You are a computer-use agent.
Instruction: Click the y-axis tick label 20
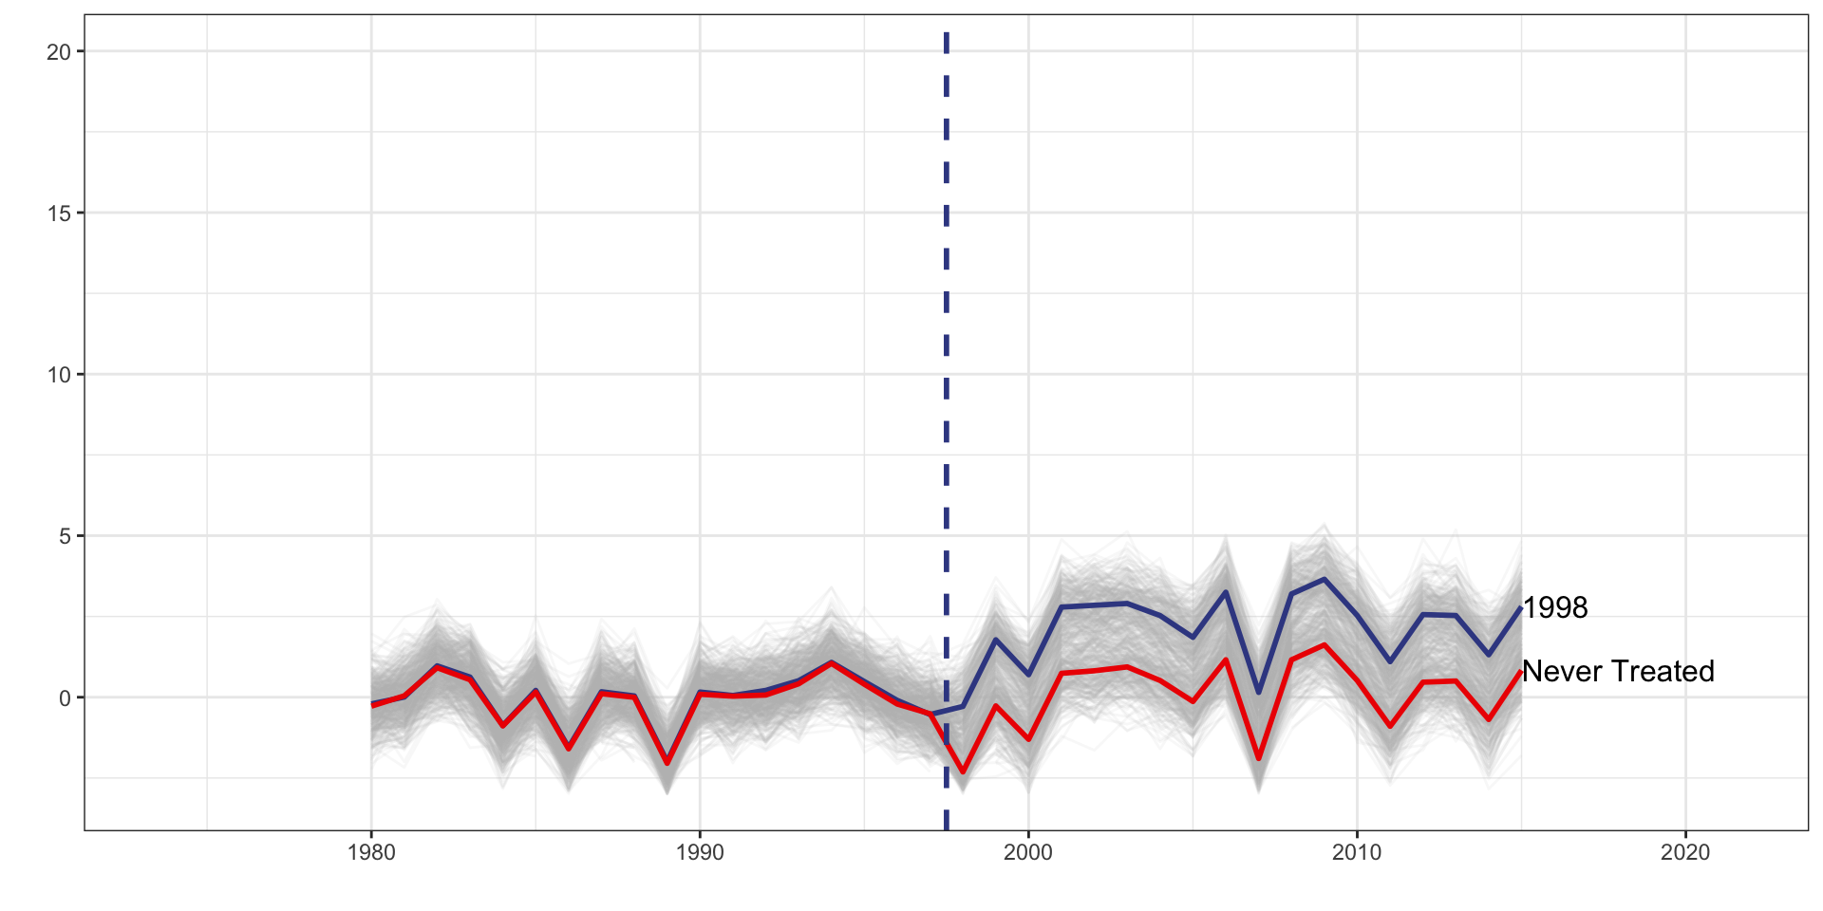pyautogui.click(x=59, y=52)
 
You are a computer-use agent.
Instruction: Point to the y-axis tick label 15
pyautogui.click(x=59, y=214)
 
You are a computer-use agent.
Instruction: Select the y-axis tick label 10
pyautogui.click(x=59, y=375)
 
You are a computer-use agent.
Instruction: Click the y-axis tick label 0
pyautogui.click(x=65, y=698)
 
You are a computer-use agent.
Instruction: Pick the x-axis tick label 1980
pyautogui.click(x=371, y=852)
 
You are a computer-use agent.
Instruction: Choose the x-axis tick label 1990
pyautogui.click(x=700, y=852)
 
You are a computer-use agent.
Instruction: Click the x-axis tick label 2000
pyautogui.click(x=1028, y=852)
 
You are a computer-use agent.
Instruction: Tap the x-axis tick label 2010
pyautogui.click(x=1357, y=852)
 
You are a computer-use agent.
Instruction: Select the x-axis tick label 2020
pyautogui.click(x=1685, y=852)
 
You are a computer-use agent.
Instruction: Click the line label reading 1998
pyautogui.click(x=1555, y=608)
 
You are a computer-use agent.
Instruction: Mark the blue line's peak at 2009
pyautogui.click(x=1324, y=579)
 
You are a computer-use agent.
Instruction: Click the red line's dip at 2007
pyautogui.click(x=1259, y=758)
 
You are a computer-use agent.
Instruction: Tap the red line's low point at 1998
pyautogui.click(x=963, y=772)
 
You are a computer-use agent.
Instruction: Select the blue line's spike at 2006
pyautogui.click(x=1226, y=592)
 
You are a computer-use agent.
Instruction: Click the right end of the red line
pyautogui.click(x=1521, y=672)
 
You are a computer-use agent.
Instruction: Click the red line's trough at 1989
pyautogui.click(x=667, y=763)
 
